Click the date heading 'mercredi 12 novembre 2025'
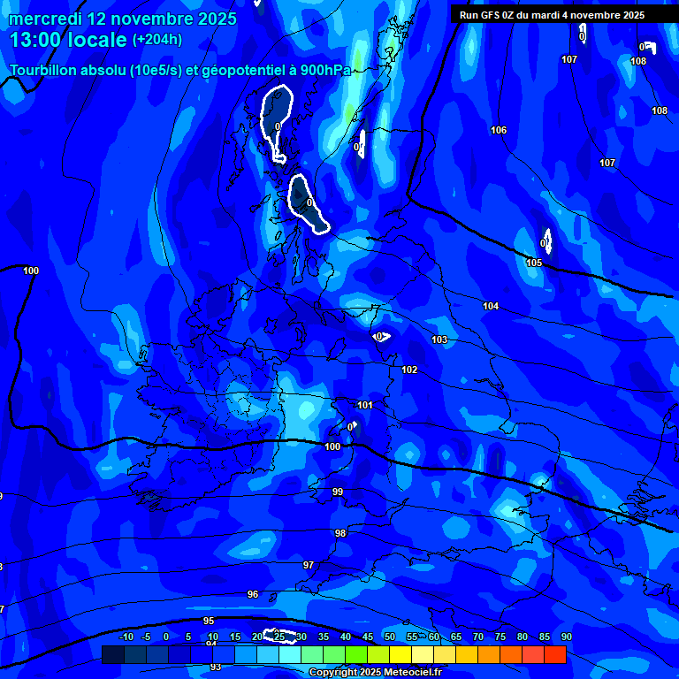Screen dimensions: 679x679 (x=123, y=19)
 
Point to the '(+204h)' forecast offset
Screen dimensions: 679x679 (x=157, y=40)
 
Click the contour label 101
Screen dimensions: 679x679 (x=365, y=405)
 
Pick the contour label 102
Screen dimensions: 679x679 (x=409, y=370)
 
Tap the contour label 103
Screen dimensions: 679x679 (x=439, y=339)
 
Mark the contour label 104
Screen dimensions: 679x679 (x=491, y=306)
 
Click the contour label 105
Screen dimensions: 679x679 (x=534, y=263)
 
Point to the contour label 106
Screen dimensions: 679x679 (x=499, y=130)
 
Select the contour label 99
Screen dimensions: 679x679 (x=338, y=492)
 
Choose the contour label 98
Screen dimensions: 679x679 (x=340, y=533)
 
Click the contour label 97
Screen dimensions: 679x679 (x=309, y=565)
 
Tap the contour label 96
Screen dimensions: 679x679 (x=253, y=594)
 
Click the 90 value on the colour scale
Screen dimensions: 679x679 (x=566, y=637)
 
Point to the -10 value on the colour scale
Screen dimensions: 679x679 (x=126, y=637)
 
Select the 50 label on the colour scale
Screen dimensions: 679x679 (x=390, y=637)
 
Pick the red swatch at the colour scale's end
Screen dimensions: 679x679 (x=554, y=654)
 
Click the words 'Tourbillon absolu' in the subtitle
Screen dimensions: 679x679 (x=65, y=70)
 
